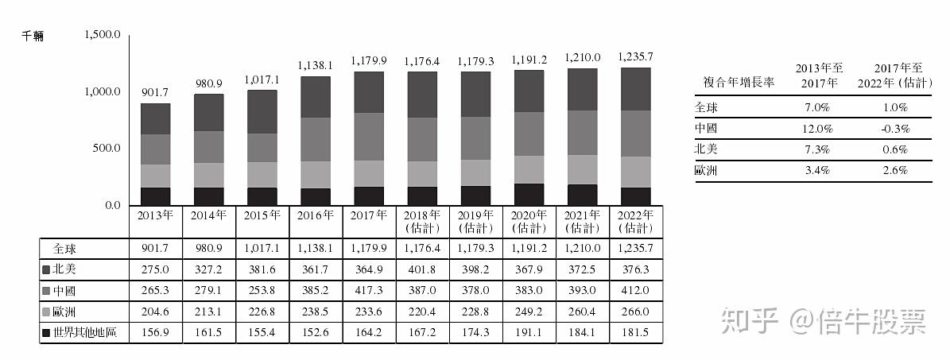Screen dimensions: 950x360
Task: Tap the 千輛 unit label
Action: (x=33, y=37)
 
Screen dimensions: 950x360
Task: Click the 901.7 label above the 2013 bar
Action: (x=155, y=93)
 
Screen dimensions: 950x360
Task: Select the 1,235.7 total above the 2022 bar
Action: (x=635, y=56)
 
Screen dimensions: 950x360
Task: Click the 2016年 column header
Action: (x=316, y=215)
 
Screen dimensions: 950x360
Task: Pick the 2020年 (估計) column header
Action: (x=529, y=222)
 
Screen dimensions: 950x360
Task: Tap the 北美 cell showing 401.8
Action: (x=422, y=269)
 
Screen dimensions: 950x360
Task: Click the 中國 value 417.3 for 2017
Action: (x=369, y=291)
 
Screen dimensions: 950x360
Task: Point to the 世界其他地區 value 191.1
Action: (x=529, y=334)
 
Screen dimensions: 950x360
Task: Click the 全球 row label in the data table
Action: (x=64, y=249)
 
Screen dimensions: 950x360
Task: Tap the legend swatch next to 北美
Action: (x=46, y=269)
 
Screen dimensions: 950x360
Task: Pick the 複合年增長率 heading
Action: (x=739, y=83)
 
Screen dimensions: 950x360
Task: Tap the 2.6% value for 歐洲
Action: (x=895, y=171)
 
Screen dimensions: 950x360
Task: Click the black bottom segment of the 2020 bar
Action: (x=529, y=195)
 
